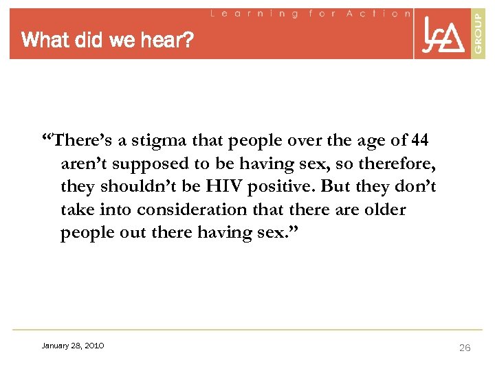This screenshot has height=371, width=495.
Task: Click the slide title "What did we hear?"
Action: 108,41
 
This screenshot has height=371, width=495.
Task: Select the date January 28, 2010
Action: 73,346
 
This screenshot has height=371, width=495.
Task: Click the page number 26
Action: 465,348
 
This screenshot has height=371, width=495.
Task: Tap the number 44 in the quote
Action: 418,141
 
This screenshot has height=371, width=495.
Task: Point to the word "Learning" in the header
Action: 254,13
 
